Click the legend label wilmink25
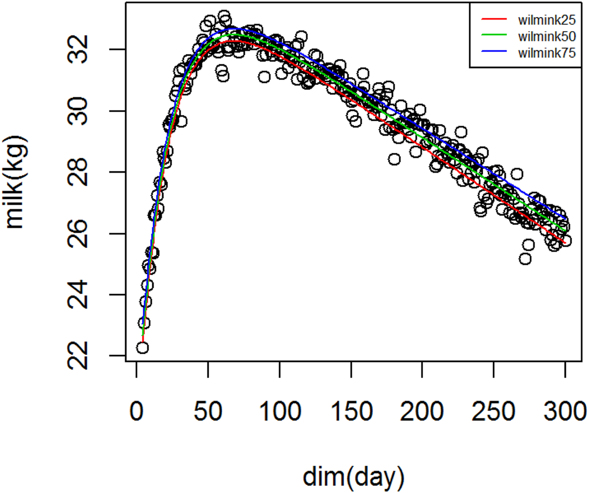[x=547, y=19]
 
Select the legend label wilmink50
[x=547, y=36]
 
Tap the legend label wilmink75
[x=547, y=53]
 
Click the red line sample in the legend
[x=494, y=19]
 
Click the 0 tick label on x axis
[x=136, y=411]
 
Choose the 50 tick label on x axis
[x=208, y=411]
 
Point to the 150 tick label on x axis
[x=351, y=411]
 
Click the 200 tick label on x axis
[x=422, y=411]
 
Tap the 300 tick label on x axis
[x=565, y=411]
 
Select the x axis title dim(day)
[x=353, y=477]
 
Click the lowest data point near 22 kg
[x=143, y=348]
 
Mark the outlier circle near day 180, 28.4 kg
[x=394, y=159]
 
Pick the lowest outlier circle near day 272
[x=525, y=259]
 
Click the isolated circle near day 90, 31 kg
[x=264, y=77]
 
